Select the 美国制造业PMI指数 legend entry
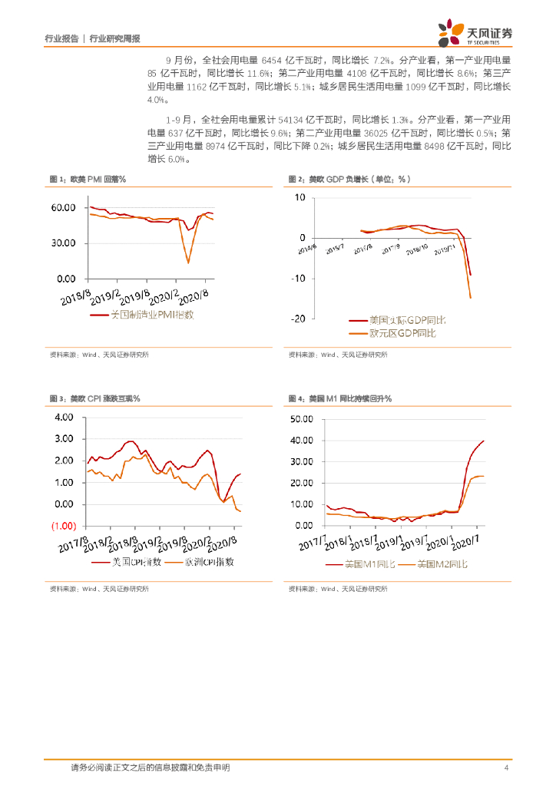pos(142,315)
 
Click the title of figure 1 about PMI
pos(88,179)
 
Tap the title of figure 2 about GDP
pos(349,179)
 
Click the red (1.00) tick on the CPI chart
pos(65,526)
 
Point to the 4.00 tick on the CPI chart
pos(64,418)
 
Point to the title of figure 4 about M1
pos(340,399)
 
